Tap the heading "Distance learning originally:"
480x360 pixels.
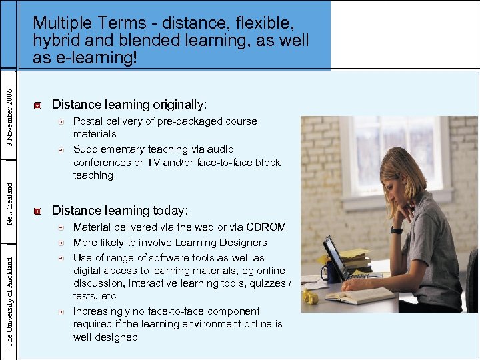pos(129,105)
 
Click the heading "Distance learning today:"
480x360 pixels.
pos(120,211)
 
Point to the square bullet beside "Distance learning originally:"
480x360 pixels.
pos(37,105)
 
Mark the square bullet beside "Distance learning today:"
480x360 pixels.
pos(37,211)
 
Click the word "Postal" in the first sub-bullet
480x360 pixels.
pos(87,121)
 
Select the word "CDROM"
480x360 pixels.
pos(267,227)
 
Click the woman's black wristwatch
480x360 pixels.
pos(396,230)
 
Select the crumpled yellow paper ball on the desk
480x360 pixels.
pos(309,297)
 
